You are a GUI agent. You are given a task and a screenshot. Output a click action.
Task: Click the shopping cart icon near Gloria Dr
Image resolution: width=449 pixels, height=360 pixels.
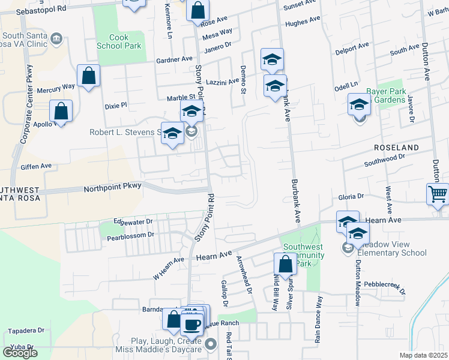pos(438,194)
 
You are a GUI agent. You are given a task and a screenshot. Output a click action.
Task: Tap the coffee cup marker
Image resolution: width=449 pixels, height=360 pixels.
pos(191,324)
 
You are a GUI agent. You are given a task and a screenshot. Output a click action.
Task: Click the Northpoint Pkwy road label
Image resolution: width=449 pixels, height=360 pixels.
pos(113,187)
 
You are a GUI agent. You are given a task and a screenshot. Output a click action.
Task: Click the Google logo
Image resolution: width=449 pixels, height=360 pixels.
pos(20,353)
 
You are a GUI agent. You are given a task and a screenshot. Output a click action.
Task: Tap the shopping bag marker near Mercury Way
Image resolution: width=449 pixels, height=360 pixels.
pos(88,76)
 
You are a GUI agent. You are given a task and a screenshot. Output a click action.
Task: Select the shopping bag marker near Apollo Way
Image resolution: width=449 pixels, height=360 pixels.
pos(61,110)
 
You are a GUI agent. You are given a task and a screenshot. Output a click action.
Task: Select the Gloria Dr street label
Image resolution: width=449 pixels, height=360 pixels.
pos(352,196)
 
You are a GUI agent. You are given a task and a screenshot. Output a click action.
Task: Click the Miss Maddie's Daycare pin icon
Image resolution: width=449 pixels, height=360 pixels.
pos(210,344)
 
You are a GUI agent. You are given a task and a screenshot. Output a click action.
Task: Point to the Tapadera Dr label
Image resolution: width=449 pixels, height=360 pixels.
pos(25,331)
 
